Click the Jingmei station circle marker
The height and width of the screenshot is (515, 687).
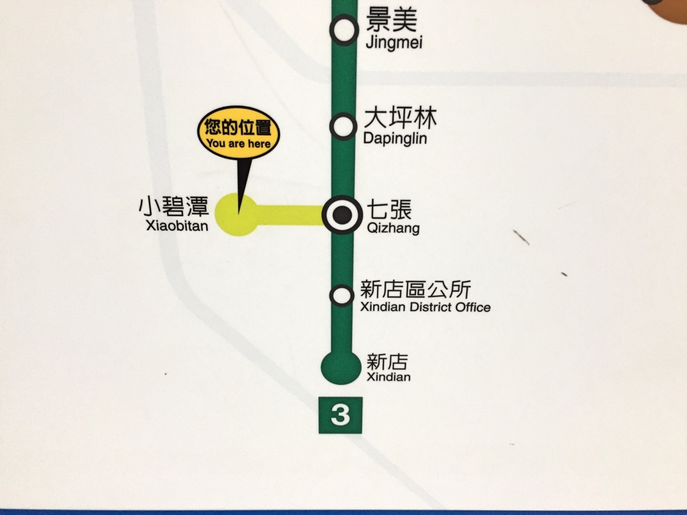(344, 30)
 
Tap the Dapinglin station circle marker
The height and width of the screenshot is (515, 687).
(343, 126)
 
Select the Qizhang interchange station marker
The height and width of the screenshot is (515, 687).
(342, 215)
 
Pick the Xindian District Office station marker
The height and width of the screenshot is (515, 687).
(342, 294)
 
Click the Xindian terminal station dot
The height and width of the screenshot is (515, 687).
(341, 366)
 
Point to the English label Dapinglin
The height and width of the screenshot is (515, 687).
(394, 139)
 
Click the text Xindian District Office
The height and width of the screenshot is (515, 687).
(425, 308)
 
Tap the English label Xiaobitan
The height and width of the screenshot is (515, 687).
(177, 226)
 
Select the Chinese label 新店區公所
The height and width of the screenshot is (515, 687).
(416, 290)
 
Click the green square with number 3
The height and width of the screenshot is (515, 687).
(340, 416)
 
